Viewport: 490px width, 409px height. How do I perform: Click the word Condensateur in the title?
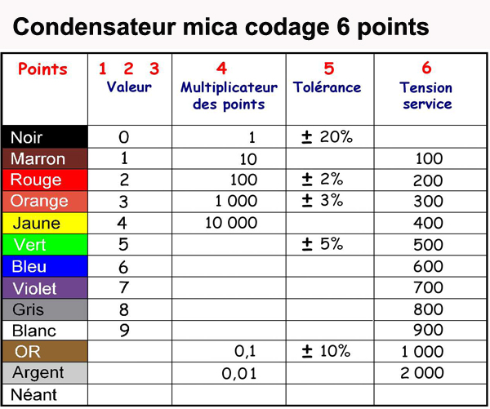pos(95,27)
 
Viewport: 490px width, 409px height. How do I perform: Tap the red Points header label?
pos(42,69)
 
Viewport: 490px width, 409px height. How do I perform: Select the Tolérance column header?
pos(327,87)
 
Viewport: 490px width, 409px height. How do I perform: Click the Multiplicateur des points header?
pos(229,96)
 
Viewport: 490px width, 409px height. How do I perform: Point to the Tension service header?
pos(426,96)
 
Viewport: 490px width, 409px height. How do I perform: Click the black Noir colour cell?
pos(45,137)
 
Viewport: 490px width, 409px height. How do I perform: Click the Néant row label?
pos(33,394)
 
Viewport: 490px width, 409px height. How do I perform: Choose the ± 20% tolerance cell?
pos(327,137)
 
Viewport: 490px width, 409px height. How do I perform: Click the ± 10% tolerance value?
pos(326,351)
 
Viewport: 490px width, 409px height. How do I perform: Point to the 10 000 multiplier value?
pos(231,223)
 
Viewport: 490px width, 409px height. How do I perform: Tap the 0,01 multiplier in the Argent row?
pos(239,373)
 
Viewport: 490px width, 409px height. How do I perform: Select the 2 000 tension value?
pos(422,373)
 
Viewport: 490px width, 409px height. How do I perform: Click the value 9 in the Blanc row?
pos(124,331)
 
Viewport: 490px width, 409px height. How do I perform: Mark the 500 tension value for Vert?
pos(428,245)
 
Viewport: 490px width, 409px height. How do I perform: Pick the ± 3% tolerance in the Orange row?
pos(323,200)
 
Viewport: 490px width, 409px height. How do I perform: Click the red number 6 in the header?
pos(426,68)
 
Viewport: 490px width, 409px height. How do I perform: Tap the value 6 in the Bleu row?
pos(123,267)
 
